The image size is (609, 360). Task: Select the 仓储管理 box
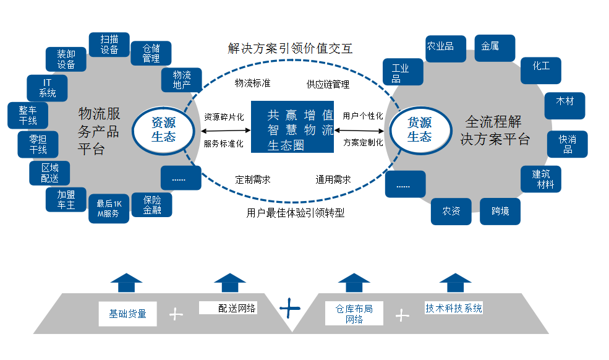coord(151,53)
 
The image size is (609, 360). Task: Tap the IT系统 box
coord(47,88)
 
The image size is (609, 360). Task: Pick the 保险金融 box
coord(152,205)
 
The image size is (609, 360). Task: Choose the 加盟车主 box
coord(66,200)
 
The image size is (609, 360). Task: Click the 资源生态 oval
coord(163,130)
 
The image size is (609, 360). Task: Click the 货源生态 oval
coord(419,130)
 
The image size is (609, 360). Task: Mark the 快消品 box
coord(567,144)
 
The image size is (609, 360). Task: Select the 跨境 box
coord(500,212)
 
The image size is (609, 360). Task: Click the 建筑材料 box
coord(540,179)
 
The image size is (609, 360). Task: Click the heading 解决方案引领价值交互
coord(291,48)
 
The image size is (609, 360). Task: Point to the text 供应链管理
coord(328,84)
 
